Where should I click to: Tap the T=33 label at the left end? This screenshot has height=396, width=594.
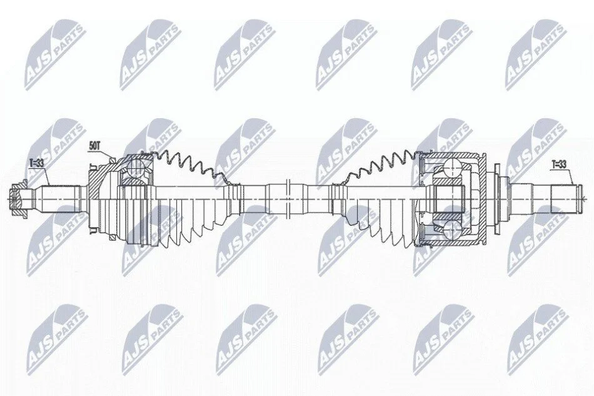click(x=36, y=163)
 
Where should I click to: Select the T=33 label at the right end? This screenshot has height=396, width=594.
click(x=558, y=164)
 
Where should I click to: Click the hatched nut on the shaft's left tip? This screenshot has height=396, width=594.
click(x=18, y=198)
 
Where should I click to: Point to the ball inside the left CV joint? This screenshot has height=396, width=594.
click(x=134, y=168)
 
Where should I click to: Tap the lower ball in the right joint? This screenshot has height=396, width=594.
click(x=452, y=230)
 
